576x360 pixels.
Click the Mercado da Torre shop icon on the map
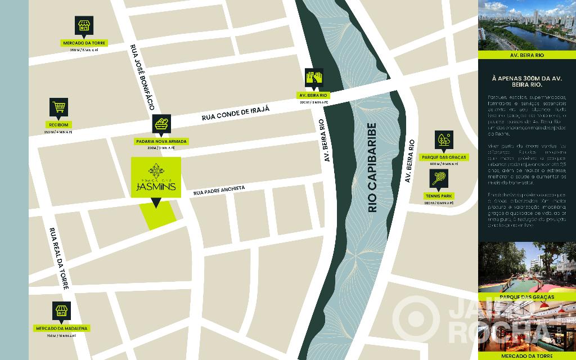point(84,25)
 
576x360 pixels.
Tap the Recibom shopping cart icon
point(58,107)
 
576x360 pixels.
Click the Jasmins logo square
point(156,177)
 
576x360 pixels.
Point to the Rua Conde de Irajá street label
point(236,112)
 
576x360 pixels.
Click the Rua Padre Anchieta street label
point(219,190)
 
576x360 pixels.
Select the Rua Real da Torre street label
point(58,258)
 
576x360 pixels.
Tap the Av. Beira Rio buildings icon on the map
point(313,78)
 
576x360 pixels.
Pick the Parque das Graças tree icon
point(444,140)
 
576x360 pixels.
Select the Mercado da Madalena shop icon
point(62,311)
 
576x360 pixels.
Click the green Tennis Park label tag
point(439,196)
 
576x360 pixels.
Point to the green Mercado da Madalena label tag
point(62,328)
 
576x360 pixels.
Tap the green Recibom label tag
point(58,125)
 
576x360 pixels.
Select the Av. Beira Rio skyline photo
point(526,25)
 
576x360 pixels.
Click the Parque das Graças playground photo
point(526,267)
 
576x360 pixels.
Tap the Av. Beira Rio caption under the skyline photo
point(526,56)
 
